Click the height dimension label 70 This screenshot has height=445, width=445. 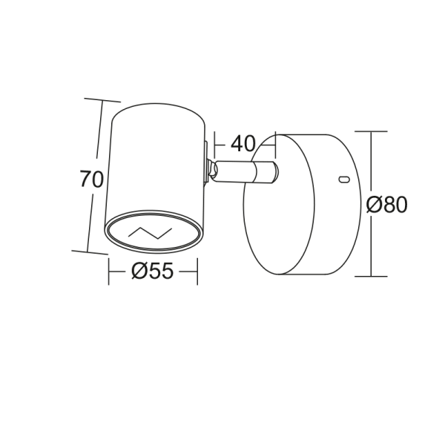point(91,179)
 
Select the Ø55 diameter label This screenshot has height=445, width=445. point(153,272)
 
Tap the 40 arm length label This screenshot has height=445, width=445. point(243,144)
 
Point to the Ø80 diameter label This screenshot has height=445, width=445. point(387,205)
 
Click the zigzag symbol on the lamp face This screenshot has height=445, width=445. point(151,232)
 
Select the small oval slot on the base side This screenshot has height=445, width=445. point(343,179)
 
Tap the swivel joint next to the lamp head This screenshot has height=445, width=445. point(213,171)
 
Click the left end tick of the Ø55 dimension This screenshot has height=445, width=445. point(109,273)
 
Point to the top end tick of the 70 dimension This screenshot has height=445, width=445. point(102,100)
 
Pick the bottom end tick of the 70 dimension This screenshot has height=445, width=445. point(89,253)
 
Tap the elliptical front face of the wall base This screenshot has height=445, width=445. point(279,205)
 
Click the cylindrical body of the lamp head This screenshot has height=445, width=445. point(156,163)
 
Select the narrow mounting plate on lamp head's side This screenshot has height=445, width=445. point(205,162)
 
